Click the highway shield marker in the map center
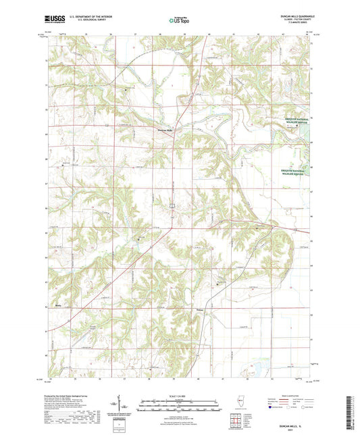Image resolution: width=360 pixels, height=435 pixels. [172, 204]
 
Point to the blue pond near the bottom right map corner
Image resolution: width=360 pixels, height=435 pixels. [258, 369]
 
